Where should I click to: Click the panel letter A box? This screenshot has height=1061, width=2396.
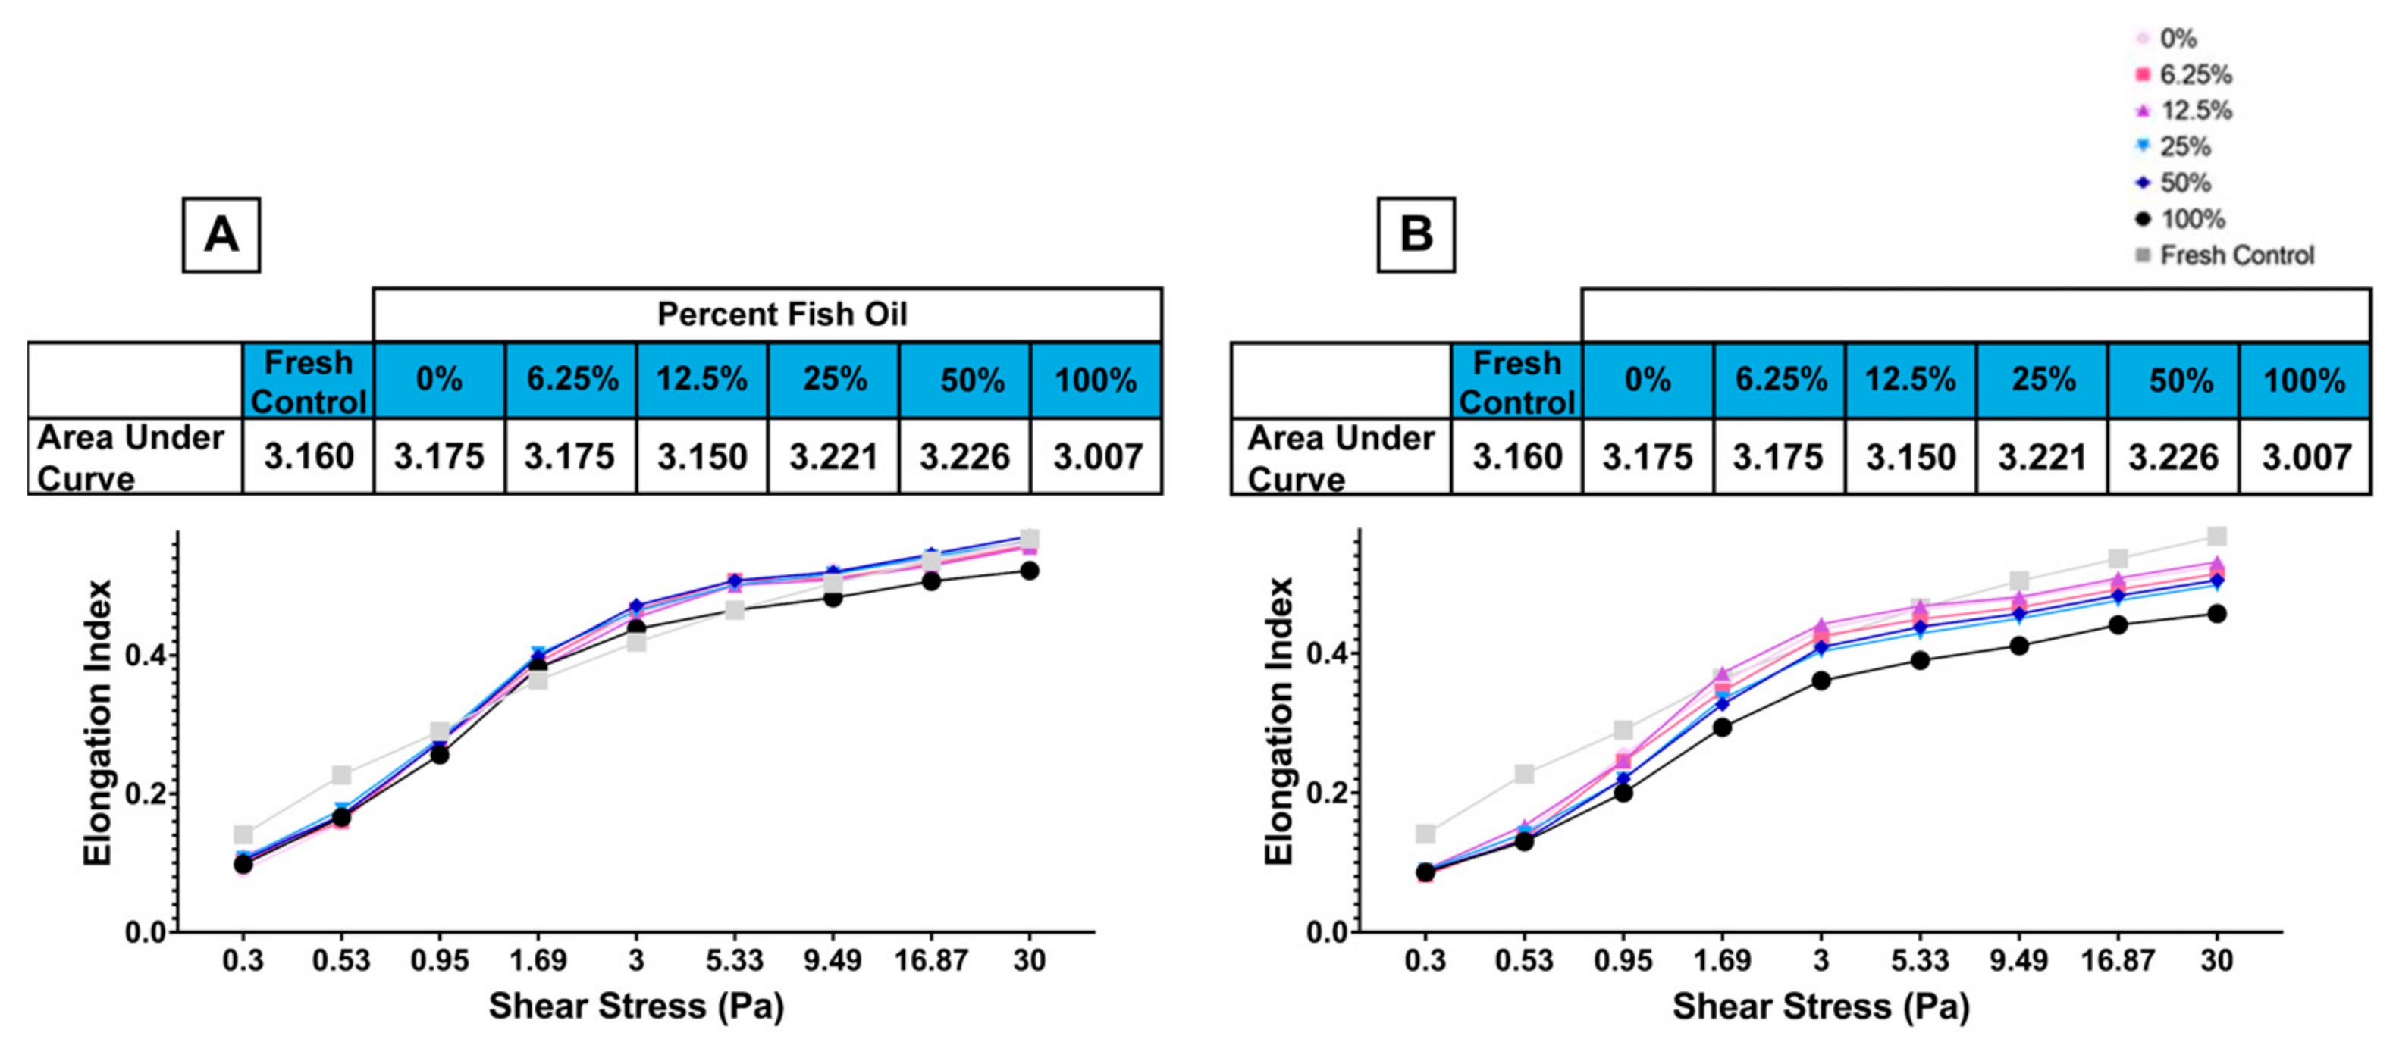click(x=221, y=234)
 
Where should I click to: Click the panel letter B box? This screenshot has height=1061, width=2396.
click(x=1416, y=234)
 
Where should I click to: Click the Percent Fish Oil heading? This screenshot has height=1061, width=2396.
click(x=781, y=315)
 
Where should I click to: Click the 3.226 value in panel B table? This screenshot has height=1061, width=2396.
click(x=2174, y=456)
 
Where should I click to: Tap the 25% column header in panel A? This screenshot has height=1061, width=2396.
click(x=834, y=380)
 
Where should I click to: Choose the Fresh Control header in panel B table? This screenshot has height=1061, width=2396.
click(x=1517, y=381)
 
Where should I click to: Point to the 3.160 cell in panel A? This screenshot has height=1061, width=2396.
click(x=309, y=456)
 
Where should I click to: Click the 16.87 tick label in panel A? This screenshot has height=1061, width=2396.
click(x=931, y=959)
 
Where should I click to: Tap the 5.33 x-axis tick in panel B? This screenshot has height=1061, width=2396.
click(x=1920, y=959)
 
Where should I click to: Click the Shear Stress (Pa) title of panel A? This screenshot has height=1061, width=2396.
click(x=636, y=1006)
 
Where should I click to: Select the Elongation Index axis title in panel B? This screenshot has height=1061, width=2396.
click(x=1280, y=721)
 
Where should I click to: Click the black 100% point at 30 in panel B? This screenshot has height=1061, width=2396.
click(x=2216, y=614)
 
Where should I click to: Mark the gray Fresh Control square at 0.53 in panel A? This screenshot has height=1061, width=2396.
click(x=341, y=775)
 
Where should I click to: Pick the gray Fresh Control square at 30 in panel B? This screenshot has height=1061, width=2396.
click(x=2216, y=537)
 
